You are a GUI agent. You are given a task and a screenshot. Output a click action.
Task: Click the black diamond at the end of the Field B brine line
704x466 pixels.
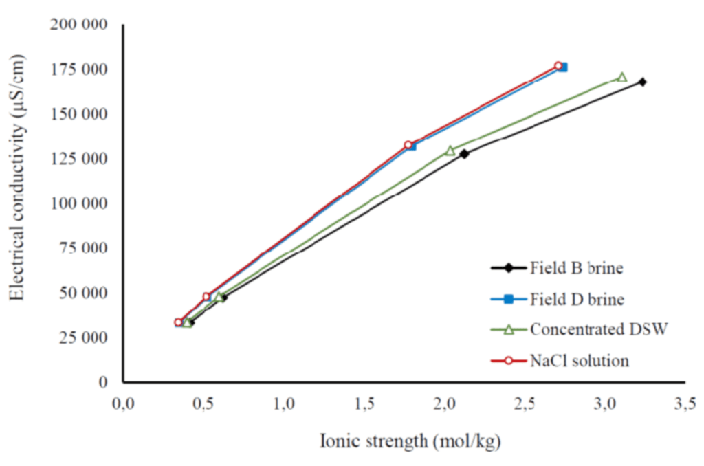(642, 82)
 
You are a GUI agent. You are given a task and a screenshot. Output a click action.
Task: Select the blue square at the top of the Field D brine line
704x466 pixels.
(563, 67)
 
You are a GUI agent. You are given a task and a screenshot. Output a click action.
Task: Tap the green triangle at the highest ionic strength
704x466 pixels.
(621, 77)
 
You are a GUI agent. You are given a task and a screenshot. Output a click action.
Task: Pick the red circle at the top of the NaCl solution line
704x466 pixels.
(558, 66)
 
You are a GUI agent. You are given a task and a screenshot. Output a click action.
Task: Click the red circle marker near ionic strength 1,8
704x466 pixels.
(408, 145)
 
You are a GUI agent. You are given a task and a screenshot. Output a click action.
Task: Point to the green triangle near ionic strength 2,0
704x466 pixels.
(450, 150)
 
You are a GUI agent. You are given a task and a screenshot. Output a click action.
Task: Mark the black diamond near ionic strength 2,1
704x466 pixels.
(464, 154)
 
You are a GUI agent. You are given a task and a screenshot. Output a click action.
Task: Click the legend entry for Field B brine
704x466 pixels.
(576, 268)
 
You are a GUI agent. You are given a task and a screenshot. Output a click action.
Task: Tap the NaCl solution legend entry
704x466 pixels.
(579, 361)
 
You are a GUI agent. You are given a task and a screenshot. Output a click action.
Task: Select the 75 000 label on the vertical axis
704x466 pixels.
(82, 248)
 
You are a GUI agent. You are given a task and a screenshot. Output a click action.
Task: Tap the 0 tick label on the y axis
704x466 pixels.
(103, 381)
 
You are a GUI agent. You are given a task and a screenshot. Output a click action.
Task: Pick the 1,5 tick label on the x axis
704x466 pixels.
(363, 403)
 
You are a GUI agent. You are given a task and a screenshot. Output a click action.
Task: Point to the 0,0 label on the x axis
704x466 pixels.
(122, 403)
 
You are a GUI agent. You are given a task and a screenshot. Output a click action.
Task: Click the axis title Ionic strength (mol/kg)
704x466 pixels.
(410, 441)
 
